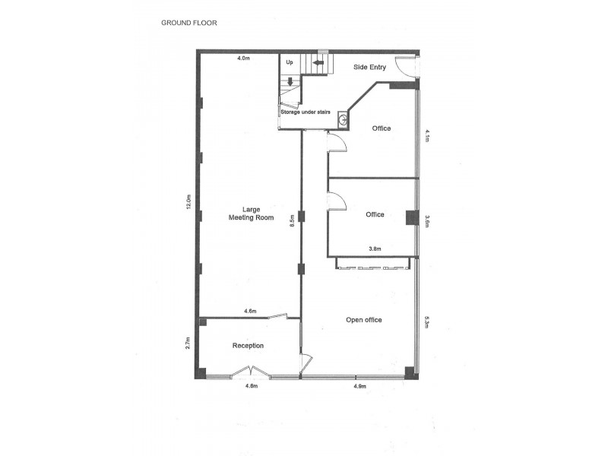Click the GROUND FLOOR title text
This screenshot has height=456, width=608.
[189, 23]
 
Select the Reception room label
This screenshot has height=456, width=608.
[248, 346]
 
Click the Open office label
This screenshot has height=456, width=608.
[363, 320]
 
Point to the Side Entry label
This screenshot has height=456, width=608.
[370, 68]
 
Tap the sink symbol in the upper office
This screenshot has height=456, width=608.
[344, 120]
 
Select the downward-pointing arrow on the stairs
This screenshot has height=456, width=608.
[290, 81]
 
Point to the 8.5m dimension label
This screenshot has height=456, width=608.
[292, 221]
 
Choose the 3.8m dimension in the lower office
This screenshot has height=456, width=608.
[375, 249]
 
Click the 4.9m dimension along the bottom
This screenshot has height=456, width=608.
[360, 387]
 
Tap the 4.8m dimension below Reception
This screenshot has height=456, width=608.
[252, 387]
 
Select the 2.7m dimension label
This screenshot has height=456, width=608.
[187, 344]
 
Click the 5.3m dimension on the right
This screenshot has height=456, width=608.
[428, 322]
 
